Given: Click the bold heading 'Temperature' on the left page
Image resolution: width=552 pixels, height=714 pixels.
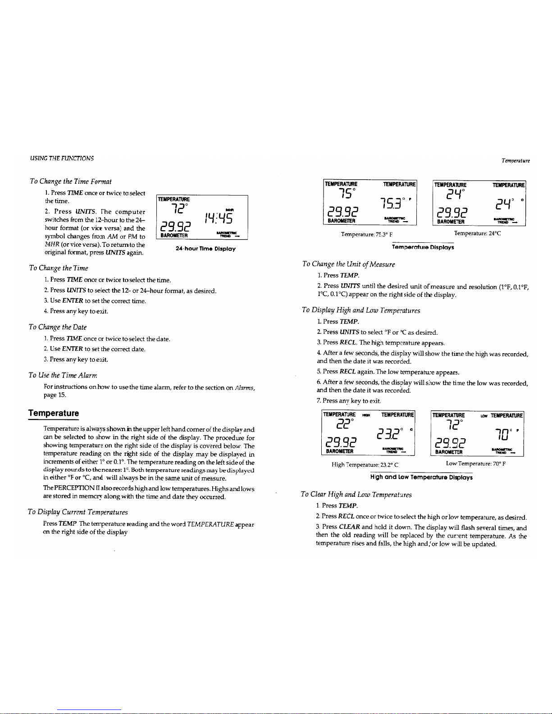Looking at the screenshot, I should tap(53, 413).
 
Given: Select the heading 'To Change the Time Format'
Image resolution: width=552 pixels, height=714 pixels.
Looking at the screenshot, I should tap(71, 182).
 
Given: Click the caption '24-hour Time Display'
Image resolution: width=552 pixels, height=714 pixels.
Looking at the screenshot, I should tap(205, 249).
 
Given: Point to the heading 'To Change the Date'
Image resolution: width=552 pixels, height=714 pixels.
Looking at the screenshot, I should tap(58, 327).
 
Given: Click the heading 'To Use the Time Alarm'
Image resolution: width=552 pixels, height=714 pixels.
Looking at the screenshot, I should tap(63, 375).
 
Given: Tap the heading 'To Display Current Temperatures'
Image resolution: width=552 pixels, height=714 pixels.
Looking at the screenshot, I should tap(78, 512).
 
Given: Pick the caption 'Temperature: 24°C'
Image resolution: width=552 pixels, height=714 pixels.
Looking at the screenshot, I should tap(477, 233).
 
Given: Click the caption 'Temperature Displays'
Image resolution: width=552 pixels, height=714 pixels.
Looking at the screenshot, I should tap(423, 247).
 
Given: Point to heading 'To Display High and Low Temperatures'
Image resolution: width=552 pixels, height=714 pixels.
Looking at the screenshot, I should tap(361, 310).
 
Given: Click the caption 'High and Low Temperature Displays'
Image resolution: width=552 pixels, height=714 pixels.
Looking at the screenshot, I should tap(421, 477).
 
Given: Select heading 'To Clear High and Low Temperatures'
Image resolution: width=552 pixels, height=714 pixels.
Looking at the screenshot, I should tap(356, 494).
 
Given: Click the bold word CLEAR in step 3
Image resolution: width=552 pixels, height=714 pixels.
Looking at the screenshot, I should tap(349, 527).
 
